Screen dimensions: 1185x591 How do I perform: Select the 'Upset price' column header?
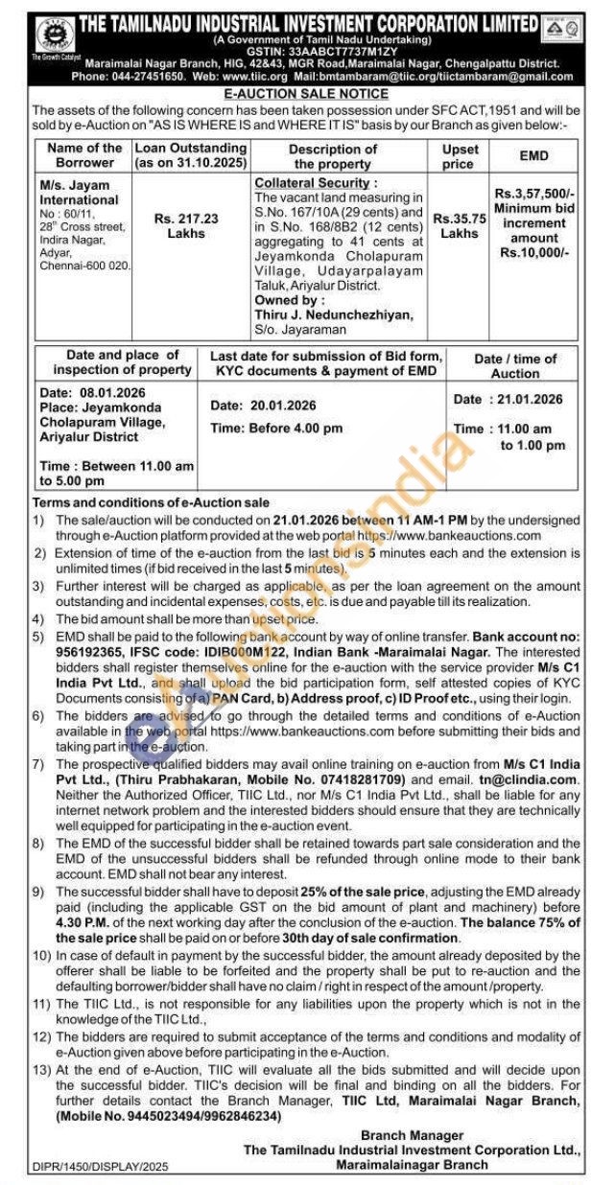point(459,156)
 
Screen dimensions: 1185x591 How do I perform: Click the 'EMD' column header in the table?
point(533,153)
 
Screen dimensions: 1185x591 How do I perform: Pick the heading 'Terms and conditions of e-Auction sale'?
point(152,501)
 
